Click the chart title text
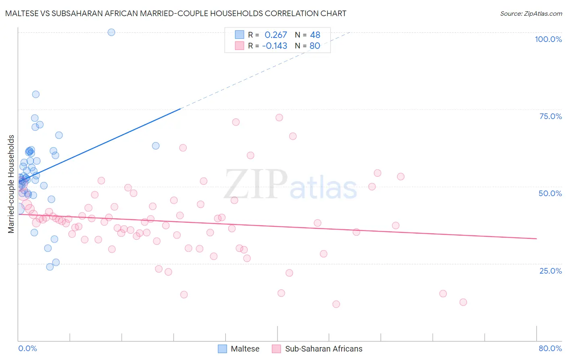(175, 13)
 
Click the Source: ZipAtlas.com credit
(531, 13)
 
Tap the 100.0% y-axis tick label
(548, 39)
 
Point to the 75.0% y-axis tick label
(550, 116)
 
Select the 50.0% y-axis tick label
(550, 193)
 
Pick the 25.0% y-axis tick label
(550, 270)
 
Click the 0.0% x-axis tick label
(27, 348)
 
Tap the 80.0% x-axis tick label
(550, 348)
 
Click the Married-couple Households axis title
(11, 184)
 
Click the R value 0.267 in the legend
(276, 35)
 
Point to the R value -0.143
(275, 46)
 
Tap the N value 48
(315, 35)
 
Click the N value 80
(315, 46)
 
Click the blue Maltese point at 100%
(111, 32)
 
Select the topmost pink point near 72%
(279, 117)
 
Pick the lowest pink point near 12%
(336, 304)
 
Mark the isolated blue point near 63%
(156, 146)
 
